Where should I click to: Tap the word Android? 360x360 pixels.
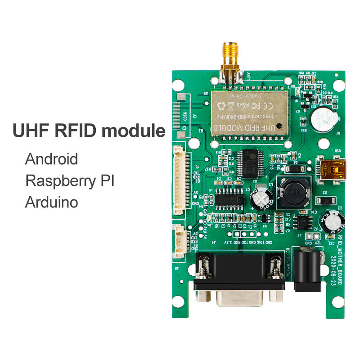point(51,159)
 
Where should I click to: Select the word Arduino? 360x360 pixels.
point(51,201)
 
